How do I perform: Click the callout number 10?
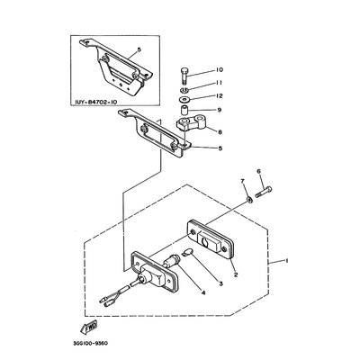pos(219,70)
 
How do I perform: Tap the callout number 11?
pos(219,83)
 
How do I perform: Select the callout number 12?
pos(219,96)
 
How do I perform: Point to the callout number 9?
pos(220,110)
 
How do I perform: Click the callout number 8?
pos(220,131)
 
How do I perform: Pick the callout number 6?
pos(259,171)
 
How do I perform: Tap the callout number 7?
pos(242,181)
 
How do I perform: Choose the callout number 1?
pos(286,261)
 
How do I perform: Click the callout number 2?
pos(236,274)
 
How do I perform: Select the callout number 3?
pos(220,283)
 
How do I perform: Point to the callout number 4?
pos(203,292)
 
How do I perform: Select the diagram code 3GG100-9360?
pos(90,343)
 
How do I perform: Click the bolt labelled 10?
pos(184,76)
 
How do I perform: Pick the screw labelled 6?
pos(264,192)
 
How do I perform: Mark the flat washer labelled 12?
pos(183,100)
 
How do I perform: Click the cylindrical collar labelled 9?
pos(184,110)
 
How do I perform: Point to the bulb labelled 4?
pos(172,260)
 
